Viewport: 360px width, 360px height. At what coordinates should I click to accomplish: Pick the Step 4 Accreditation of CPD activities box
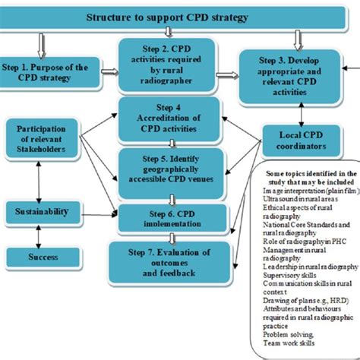tap(168, 118)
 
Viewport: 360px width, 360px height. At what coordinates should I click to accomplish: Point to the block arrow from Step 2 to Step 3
tap(228, 74)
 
